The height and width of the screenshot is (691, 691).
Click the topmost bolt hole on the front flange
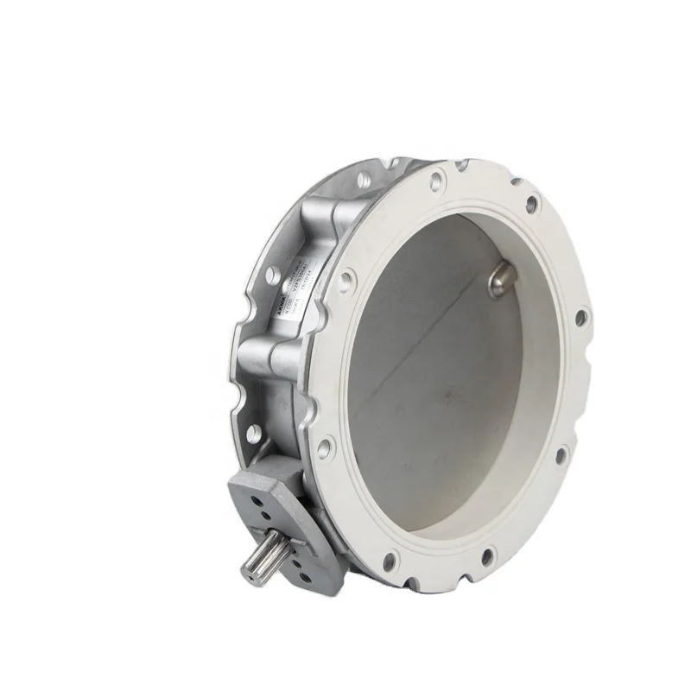coord(436,182)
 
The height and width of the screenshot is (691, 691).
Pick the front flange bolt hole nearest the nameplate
coord(346,279)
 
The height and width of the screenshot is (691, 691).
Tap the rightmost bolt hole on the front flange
coord(581,319)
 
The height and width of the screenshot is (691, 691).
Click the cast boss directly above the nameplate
coord(328,226)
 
